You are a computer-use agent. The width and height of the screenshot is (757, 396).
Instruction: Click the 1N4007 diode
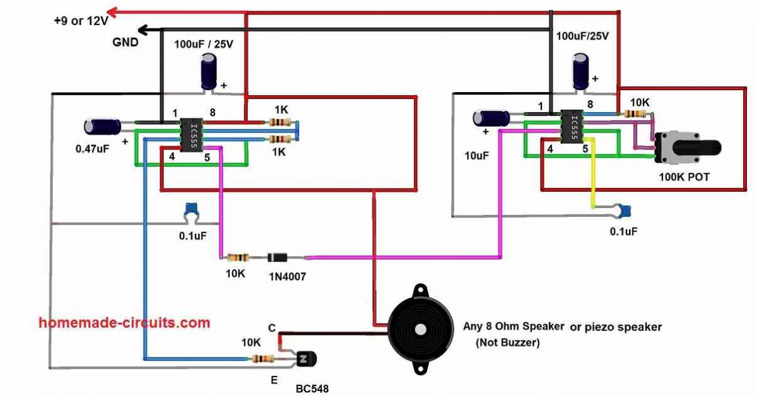click(x=278, y=257)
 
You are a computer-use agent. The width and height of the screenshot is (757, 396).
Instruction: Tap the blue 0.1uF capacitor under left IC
click(x=190, y=212)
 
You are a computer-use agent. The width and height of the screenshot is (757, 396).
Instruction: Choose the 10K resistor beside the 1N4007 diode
click(x=237, y=257)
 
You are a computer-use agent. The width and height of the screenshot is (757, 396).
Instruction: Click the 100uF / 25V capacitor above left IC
click(x=209, y=71)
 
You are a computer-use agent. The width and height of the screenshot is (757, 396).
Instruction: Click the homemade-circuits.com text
click(x=124, y=323)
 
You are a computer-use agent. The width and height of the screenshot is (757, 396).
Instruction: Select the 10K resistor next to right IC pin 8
click(x=635, y=114)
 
